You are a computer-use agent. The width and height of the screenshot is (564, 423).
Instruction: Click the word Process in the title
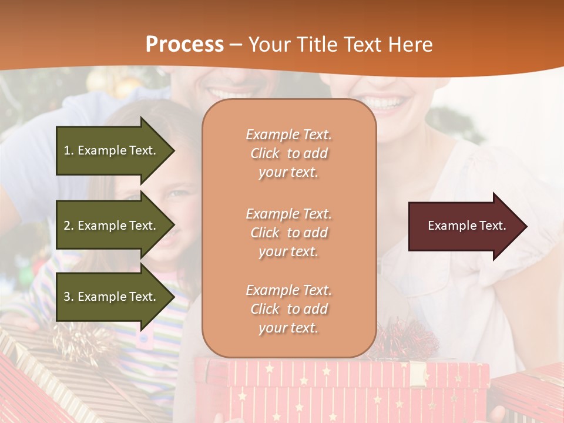(x=184, y=45)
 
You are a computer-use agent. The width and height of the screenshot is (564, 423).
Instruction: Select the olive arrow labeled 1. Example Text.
(x=112, y=150)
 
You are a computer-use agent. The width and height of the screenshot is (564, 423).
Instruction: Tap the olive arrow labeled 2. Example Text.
(x=112, y=226)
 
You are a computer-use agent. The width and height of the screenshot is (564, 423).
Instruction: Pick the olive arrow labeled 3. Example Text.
(x=112, y=297)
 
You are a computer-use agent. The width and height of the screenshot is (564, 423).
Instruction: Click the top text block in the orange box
(x=288, y=153)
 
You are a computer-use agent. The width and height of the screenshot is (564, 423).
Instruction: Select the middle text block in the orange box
(x=288, y=233)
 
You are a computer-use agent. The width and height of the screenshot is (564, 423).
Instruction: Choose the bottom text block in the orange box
(x=288, y=309)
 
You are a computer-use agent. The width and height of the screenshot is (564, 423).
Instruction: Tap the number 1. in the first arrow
(x=69, y=150)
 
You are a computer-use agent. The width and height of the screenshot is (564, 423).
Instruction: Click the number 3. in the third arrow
(x=69, y=297)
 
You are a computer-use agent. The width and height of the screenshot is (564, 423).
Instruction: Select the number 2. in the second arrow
(x=69, y=226)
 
